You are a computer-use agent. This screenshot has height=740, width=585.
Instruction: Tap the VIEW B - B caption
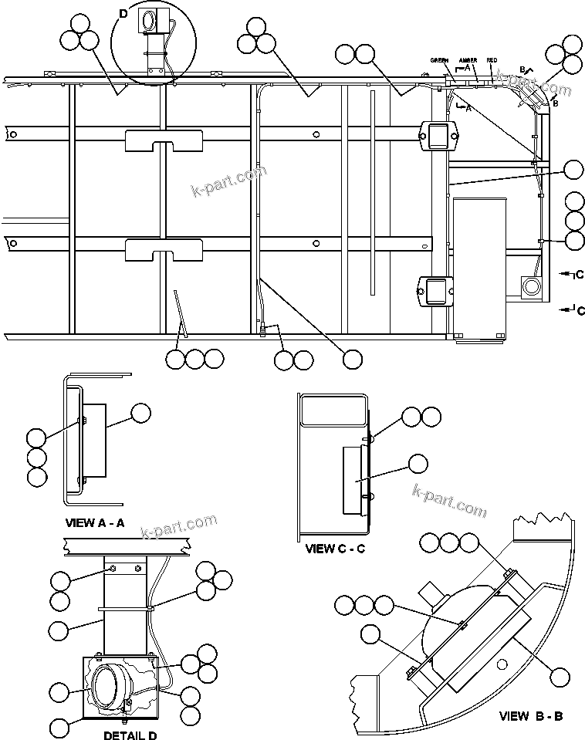coord(531,716)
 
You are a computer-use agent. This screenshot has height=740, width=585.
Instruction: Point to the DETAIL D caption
coord(130,735)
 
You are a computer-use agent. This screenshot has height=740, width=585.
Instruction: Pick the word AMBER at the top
coord(468,60)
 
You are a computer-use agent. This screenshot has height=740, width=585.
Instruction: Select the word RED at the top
coord(492,60)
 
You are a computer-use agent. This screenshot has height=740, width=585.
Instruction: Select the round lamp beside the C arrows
coord(531,286)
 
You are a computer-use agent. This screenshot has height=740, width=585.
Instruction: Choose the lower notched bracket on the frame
coord(163,249)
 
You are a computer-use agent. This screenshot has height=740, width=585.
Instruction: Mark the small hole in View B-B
coord(502,664)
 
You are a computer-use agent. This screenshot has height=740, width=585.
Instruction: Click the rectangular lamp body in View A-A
coord(95,441)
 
